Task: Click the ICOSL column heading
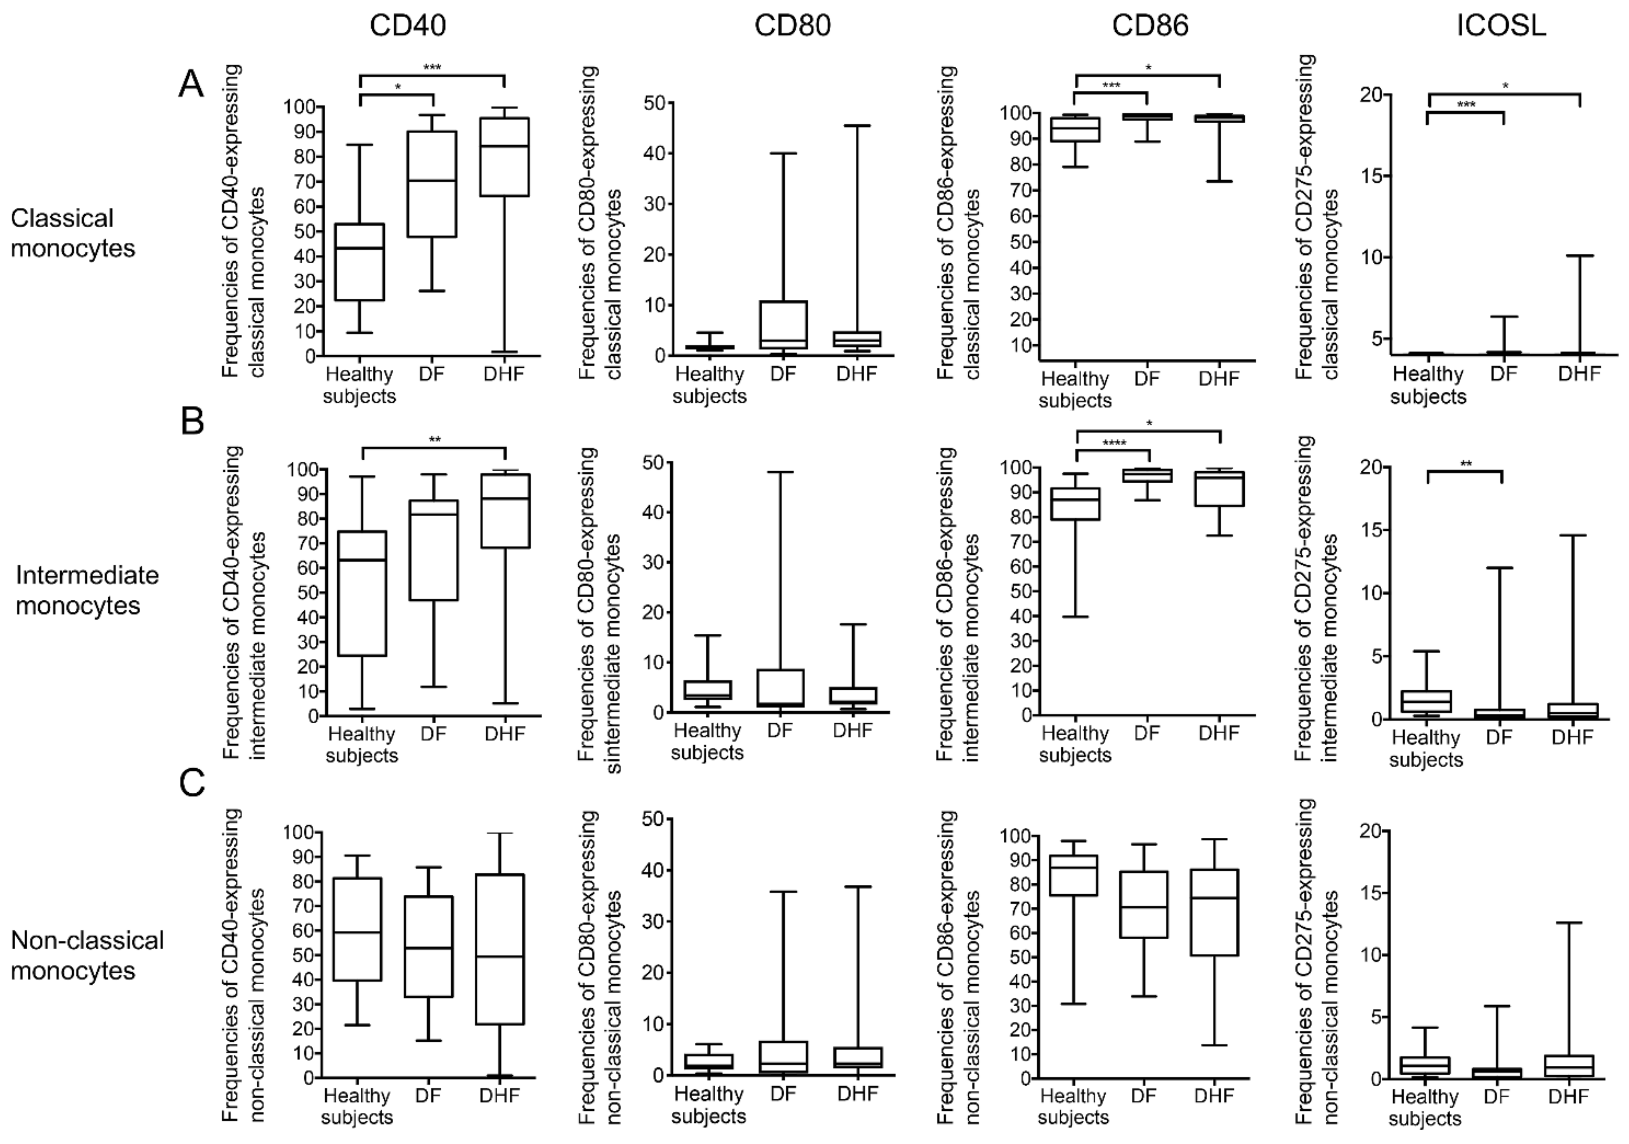[x=1500, y=26]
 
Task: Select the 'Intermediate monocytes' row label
[x=87, y=590]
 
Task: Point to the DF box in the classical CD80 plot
[x=783, y=325]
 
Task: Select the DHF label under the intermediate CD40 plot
[x=504, y=733]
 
